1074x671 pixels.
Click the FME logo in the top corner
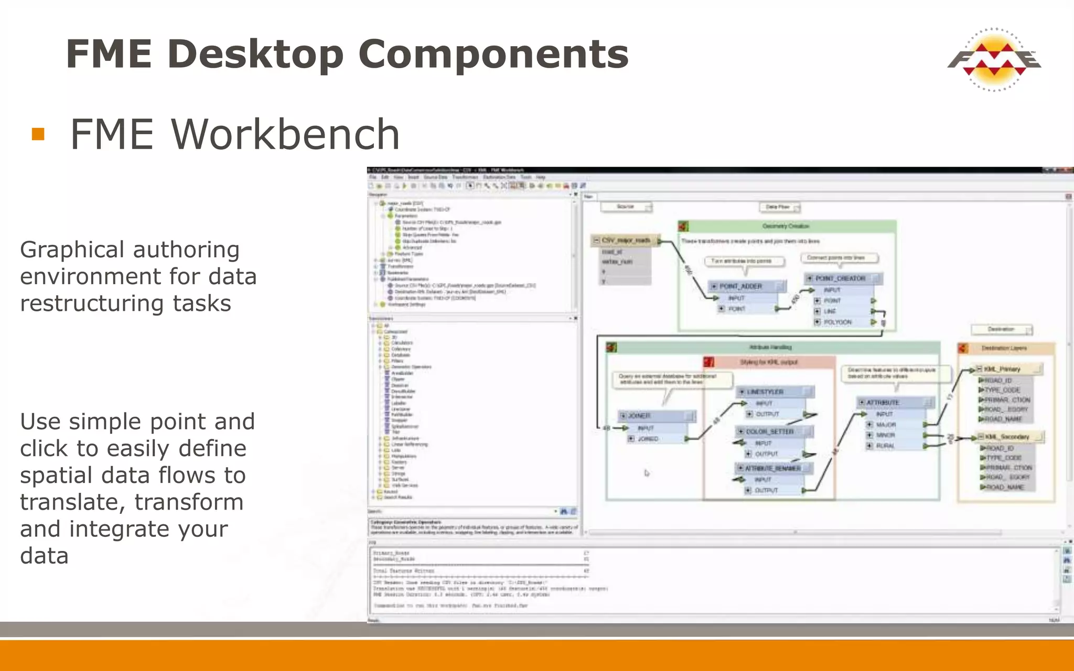pos(994,59)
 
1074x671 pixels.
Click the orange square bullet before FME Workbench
pos(38,134)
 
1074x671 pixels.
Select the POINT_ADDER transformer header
pos(740,286)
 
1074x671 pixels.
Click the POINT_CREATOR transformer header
pos(840,278)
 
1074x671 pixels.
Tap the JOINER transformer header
pos(639,416)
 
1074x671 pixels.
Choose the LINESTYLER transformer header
pos(765,392)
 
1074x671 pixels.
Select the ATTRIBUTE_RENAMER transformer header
pos(772,468)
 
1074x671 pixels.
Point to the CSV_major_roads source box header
pos(626,240)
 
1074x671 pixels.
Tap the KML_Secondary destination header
pos(1006,437)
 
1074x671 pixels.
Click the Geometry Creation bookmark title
pos(786,226)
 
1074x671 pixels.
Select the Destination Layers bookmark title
pos(1004,348)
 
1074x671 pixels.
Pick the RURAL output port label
pos(885,446)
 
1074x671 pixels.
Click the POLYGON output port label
pos(837,322)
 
